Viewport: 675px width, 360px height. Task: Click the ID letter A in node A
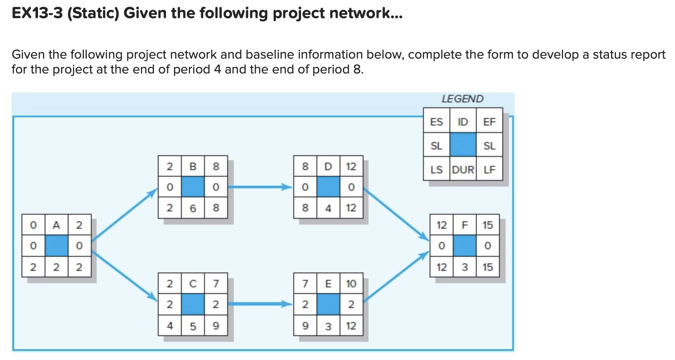tap(56, 225)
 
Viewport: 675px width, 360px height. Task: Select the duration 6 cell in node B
tap(193, 208)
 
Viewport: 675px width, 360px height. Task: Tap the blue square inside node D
tap(328, 187)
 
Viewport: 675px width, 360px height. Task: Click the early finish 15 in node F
tap(487, 225)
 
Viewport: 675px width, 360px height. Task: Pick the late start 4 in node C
tap(169, 326)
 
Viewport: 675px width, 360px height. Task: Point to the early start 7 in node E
tap(305, 284)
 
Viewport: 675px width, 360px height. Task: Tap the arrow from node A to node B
tap(124, 215)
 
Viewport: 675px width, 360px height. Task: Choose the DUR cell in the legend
tap(463, 170)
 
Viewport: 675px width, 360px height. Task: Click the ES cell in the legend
tap(436, 122)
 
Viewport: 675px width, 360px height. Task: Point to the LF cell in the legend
tap(489, 170)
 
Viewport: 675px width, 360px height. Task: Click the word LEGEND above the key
tap(462, 99)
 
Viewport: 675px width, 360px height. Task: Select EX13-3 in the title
tap(37, 13)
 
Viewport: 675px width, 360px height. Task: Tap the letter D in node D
tap(328, 166)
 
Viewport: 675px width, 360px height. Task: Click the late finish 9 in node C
tap(216, 326)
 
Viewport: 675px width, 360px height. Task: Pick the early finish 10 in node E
tap(351, 284)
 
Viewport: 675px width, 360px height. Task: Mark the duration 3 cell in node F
tap(464, 267)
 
